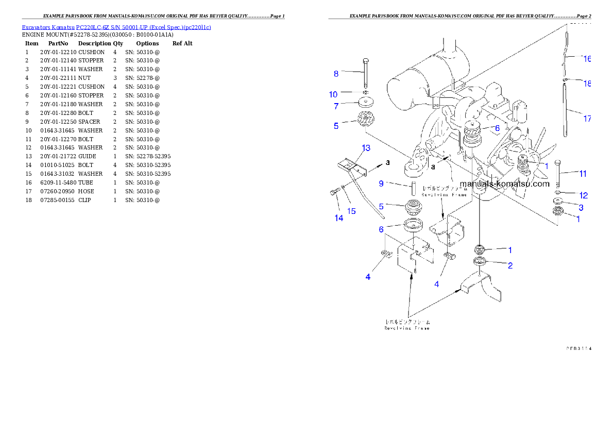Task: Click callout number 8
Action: pos(336,74)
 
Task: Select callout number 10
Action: pos(333,94)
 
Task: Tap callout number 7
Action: pos(336,106)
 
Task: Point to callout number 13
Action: pos(365,148)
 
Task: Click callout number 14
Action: pos(338,218)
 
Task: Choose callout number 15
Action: pos(351,211)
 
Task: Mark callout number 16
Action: pos(587,59)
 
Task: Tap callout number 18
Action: pos(587,84)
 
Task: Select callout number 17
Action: pos(587,119)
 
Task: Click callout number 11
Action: pos(583,174)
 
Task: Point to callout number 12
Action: pos(583,195)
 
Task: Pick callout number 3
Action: pos(581,207)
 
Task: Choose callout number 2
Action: pos(510,265)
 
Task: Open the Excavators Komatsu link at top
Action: pos(116,27)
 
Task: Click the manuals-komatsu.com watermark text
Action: pos(504,183)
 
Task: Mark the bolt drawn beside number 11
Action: pos(559,175)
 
